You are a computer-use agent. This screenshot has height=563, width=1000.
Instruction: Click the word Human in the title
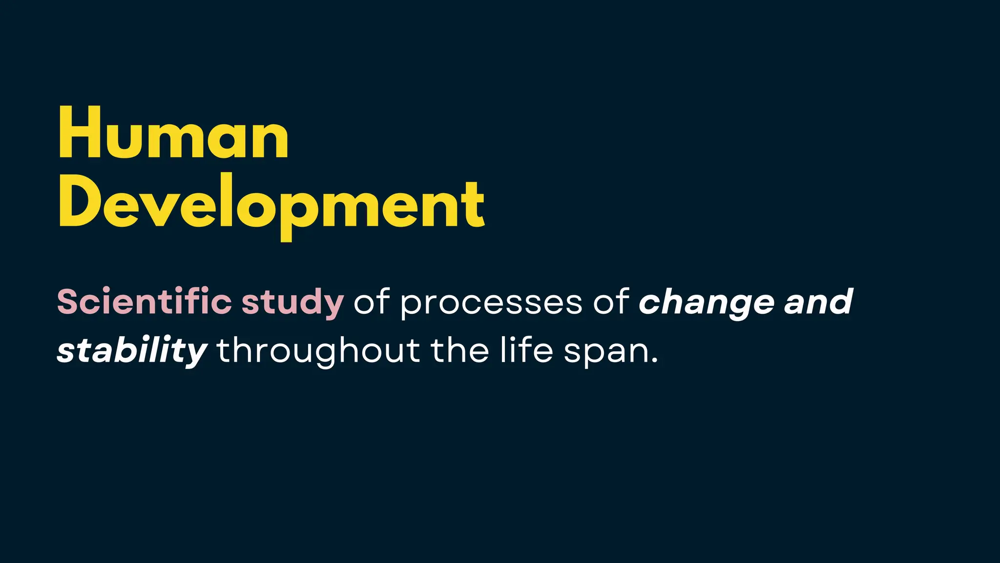click(x=173, y=133)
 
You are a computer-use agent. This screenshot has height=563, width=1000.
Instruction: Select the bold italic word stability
click(x=132, y=351)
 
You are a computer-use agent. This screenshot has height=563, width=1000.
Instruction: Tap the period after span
click(x=654, y=361)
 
